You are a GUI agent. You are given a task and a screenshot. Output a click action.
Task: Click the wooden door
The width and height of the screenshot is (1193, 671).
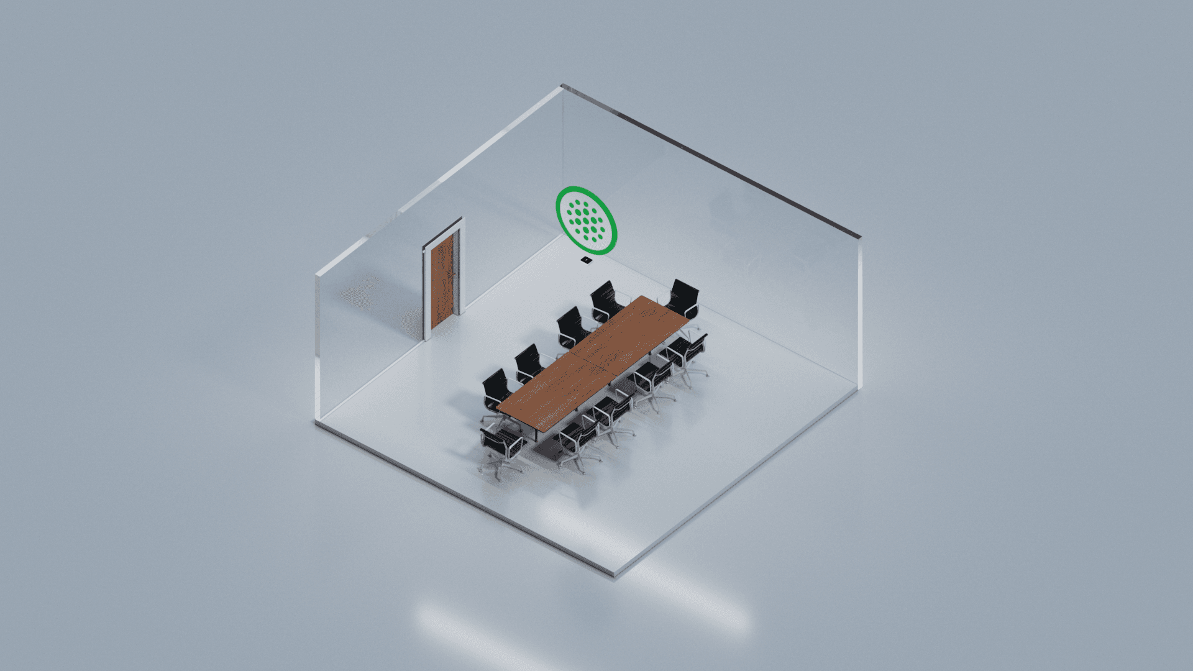coord(442,283)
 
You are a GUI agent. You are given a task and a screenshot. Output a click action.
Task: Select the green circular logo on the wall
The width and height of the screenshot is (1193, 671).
coord(586,221)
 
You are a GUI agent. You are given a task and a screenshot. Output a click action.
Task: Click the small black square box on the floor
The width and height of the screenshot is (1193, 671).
coord(586,259)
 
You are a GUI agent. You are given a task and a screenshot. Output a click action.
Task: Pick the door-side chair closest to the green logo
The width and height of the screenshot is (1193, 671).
coord(604,299)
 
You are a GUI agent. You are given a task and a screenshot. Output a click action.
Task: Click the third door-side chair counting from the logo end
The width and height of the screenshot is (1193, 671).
coord(529,362)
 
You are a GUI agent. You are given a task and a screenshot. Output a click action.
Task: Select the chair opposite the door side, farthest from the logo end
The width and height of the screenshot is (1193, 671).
coord(578,438)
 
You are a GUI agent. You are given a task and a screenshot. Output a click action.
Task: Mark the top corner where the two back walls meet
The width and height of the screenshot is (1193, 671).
coord(562,86)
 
